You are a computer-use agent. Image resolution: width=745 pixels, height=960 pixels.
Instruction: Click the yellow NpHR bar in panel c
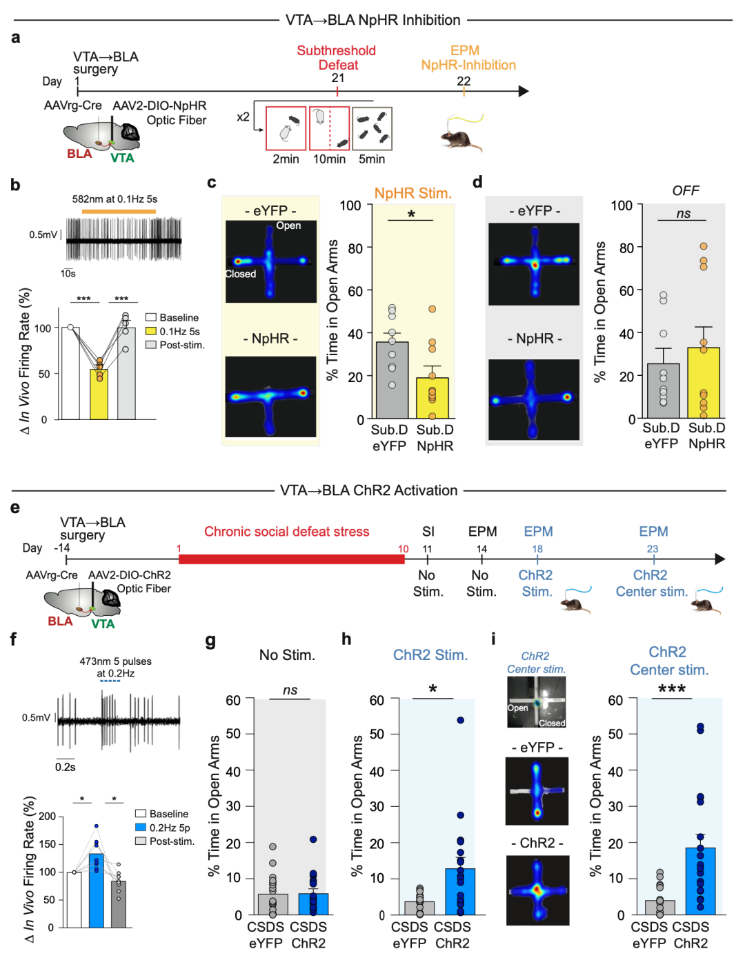tap(432, 398)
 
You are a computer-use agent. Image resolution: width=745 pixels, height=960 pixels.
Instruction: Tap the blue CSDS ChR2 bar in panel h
tap(460, 891)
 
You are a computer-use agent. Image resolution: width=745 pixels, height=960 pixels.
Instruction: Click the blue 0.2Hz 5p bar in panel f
tap(97, 890)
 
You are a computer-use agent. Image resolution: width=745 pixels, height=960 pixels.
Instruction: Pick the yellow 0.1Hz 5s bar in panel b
tap(99, 394)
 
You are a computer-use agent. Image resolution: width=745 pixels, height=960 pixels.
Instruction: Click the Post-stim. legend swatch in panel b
tap(151, 345)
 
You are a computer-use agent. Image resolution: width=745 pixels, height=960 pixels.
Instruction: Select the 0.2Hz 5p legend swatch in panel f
tap(141, 827)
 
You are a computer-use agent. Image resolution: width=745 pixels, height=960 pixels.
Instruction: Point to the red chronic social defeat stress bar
tap(291, 559)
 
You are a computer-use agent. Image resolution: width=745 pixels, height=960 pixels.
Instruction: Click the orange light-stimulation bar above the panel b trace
tap(119, 211)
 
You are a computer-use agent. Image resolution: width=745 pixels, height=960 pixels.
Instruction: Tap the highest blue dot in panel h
tap(460, 720)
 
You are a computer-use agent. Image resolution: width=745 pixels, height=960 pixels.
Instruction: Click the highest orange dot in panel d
tap(704, 246)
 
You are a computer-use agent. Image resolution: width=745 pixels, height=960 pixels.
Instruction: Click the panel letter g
tap(211, 640)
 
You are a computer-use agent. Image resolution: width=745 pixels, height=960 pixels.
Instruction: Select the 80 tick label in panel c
tap(355, 248)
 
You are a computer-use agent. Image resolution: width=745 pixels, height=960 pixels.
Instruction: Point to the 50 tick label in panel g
tap(233, 734)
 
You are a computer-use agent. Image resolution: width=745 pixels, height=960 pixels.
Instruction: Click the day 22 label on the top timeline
tap(464, 81)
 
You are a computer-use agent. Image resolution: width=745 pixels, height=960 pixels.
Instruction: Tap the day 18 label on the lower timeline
tap(537, 549)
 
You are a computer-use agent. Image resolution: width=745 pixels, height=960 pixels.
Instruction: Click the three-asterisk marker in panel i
tap(672, 689)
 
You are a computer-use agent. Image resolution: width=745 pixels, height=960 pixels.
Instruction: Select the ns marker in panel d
tap(683, 214)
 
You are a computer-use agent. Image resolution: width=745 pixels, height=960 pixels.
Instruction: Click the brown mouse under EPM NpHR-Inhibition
tap(461, 141)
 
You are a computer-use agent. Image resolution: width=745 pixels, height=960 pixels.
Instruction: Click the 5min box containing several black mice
tap(372, 128)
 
